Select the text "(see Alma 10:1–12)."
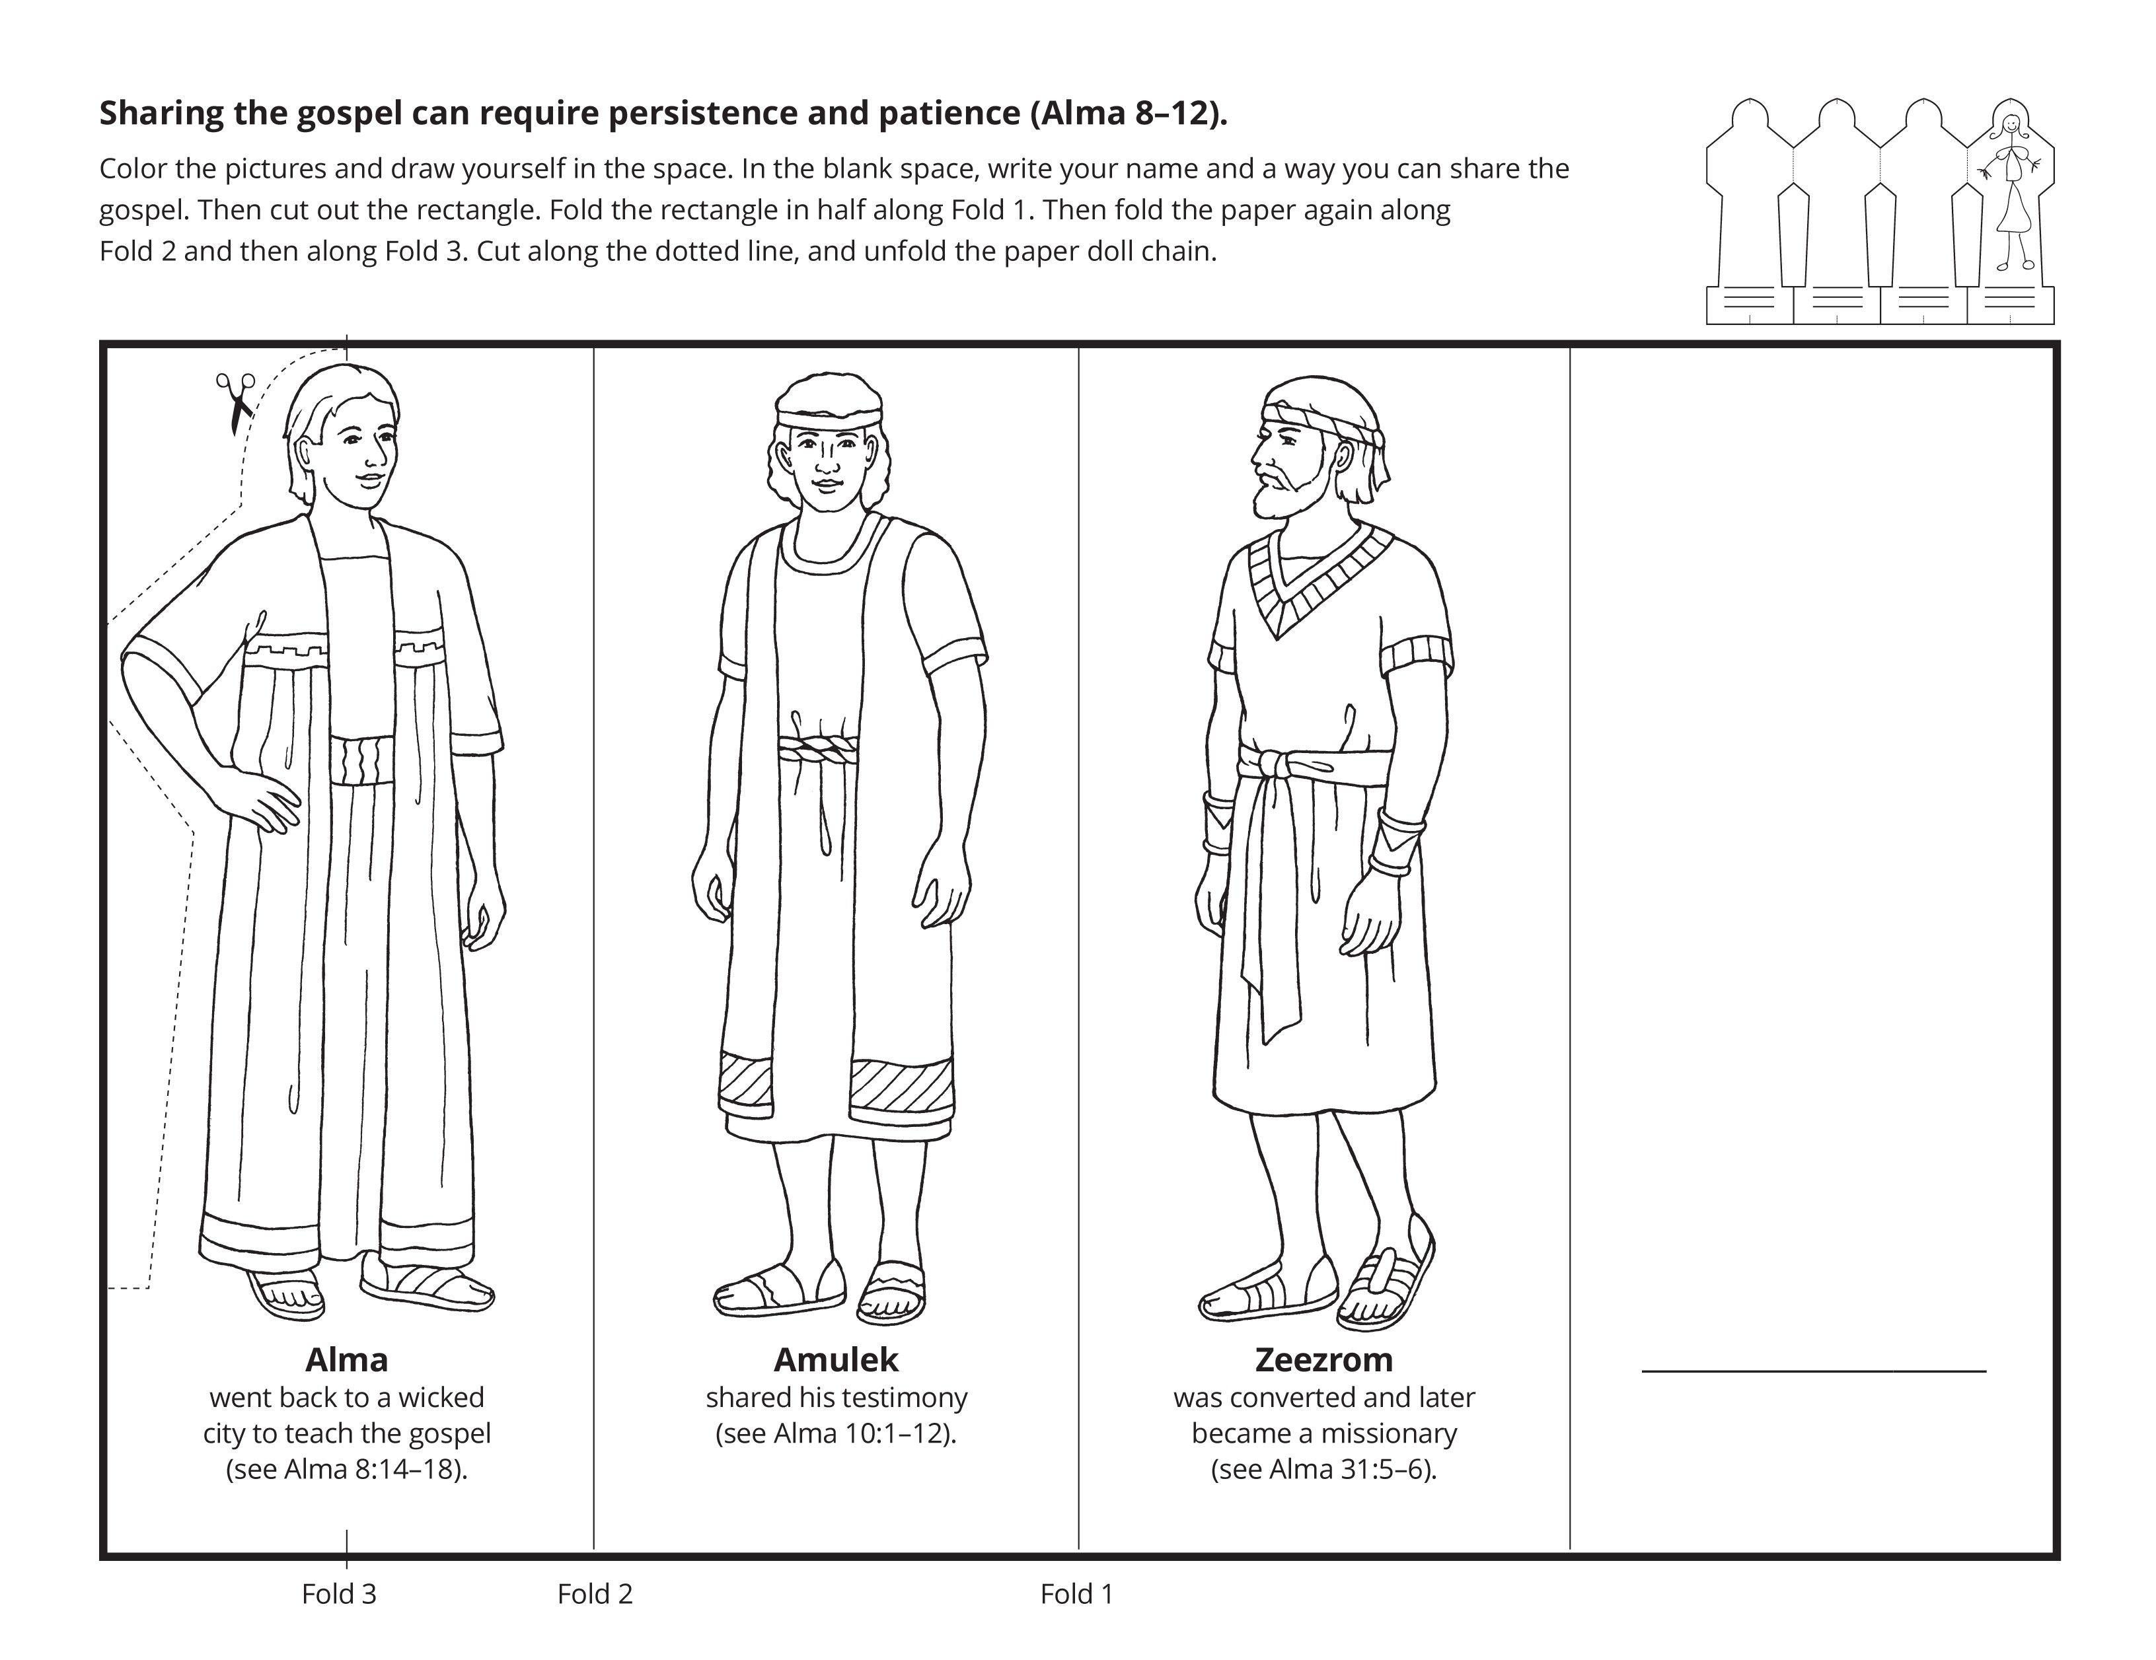coord(835,1433)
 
